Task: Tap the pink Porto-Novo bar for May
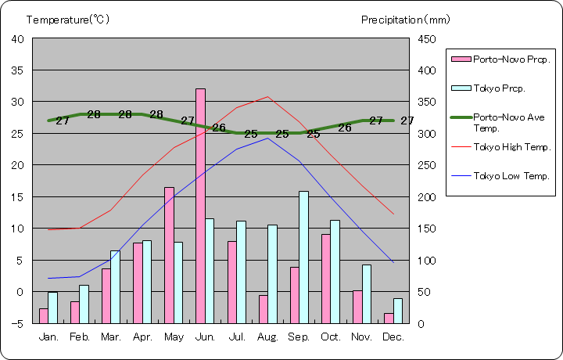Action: (169, 255)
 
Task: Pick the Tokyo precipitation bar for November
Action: (366, 293)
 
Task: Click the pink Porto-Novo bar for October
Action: (325, 279)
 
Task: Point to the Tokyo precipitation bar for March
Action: (115, 286)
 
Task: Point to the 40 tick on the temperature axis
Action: (17, 38)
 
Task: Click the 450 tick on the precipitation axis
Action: (429, 38)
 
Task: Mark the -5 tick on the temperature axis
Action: (17, 323)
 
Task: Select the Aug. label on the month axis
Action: (268, 337)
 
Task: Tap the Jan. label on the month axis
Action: (48, 337)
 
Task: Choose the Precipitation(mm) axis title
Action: (406, 20)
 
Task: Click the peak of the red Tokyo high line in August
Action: (267, 97)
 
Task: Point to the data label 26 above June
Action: (219, 128)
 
